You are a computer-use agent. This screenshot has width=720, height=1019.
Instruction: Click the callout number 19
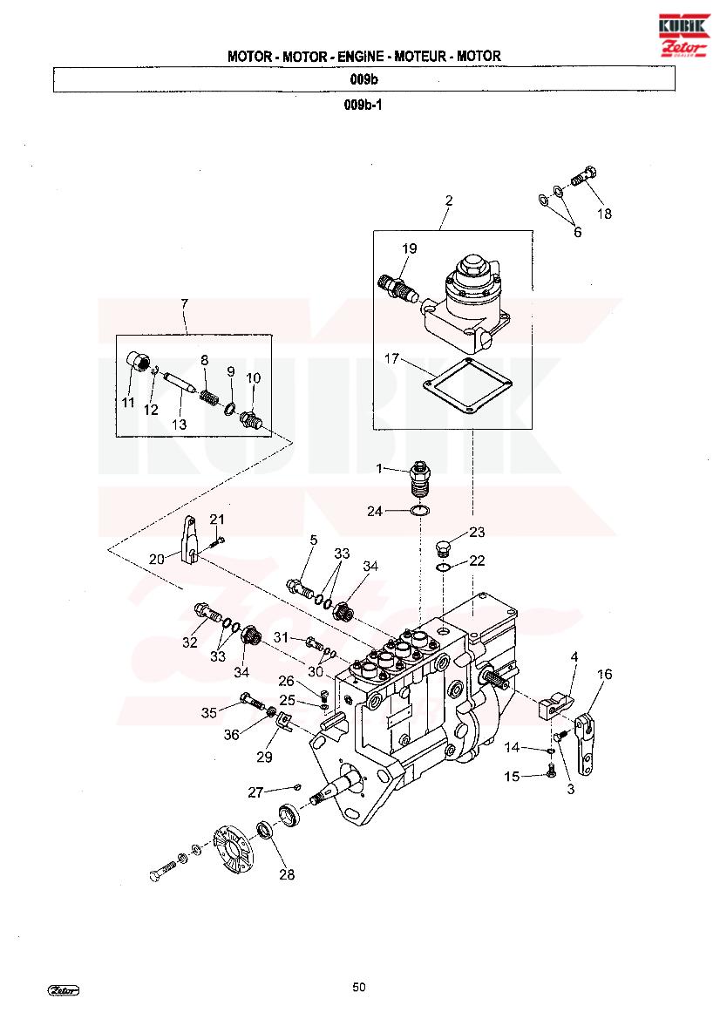[x=410, y=248]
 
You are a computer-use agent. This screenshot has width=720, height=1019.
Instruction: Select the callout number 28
[x=287, y=874]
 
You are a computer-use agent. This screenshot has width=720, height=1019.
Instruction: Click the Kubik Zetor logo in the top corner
[x=683, y=35]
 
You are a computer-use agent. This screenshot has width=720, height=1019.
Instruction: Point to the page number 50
[x=359, y=987]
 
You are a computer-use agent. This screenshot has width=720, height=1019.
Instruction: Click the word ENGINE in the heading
[x=360, y=57]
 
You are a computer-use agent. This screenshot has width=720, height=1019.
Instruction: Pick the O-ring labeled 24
[x=420, y=512]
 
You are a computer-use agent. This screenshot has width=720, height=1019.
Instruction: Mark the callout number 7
[x=185, y=303]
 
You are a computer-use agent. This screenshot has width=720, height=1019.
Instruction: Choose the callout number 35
[x=208, y=713]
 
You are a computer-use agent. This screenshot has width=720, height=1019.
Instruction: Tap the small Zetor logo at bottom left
[x=64, y=990]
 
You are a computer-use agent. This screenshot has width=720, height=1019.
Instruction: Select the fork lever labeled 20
[x=187, y=540]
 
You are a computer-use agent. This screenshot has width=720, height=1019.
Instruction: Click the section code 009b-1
[x=363, y=105]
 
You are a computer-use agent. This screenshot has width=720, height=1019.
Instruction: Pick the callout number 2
[x=449, y=200]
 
